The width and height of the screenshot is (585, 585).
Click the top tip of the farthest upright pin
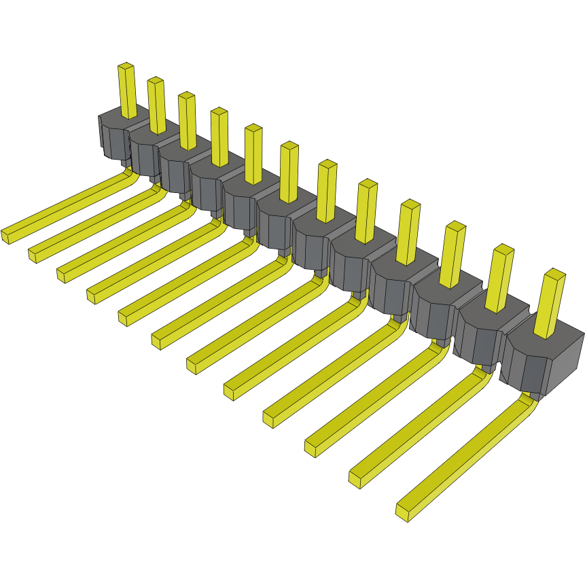tap(126, 67)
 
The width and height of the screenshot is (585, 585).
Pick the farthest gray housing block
tap(114, 136)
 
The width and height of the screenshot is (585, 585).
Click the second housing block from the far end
tap(144, 153)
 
